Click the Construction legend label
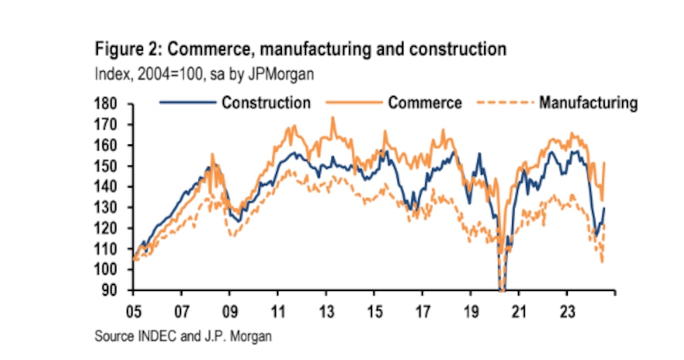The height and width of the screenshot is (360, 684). click(x=265, y=103)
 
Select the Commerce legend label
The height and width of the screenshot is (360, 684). click(x=425, y=103)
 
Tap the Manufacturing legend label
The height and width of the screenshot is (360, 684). click(x=588, y=103)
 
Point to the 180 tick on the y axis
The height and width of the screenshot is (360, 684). click(x=109, y=104)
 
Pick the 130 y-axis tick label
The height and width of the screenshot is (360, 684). click(x=109, y=207)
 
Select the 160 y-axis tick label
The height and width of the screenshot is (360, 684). click(x=109, y=145)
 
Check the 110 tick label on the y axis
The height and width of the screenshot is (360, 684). click(x=109, y=249)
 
